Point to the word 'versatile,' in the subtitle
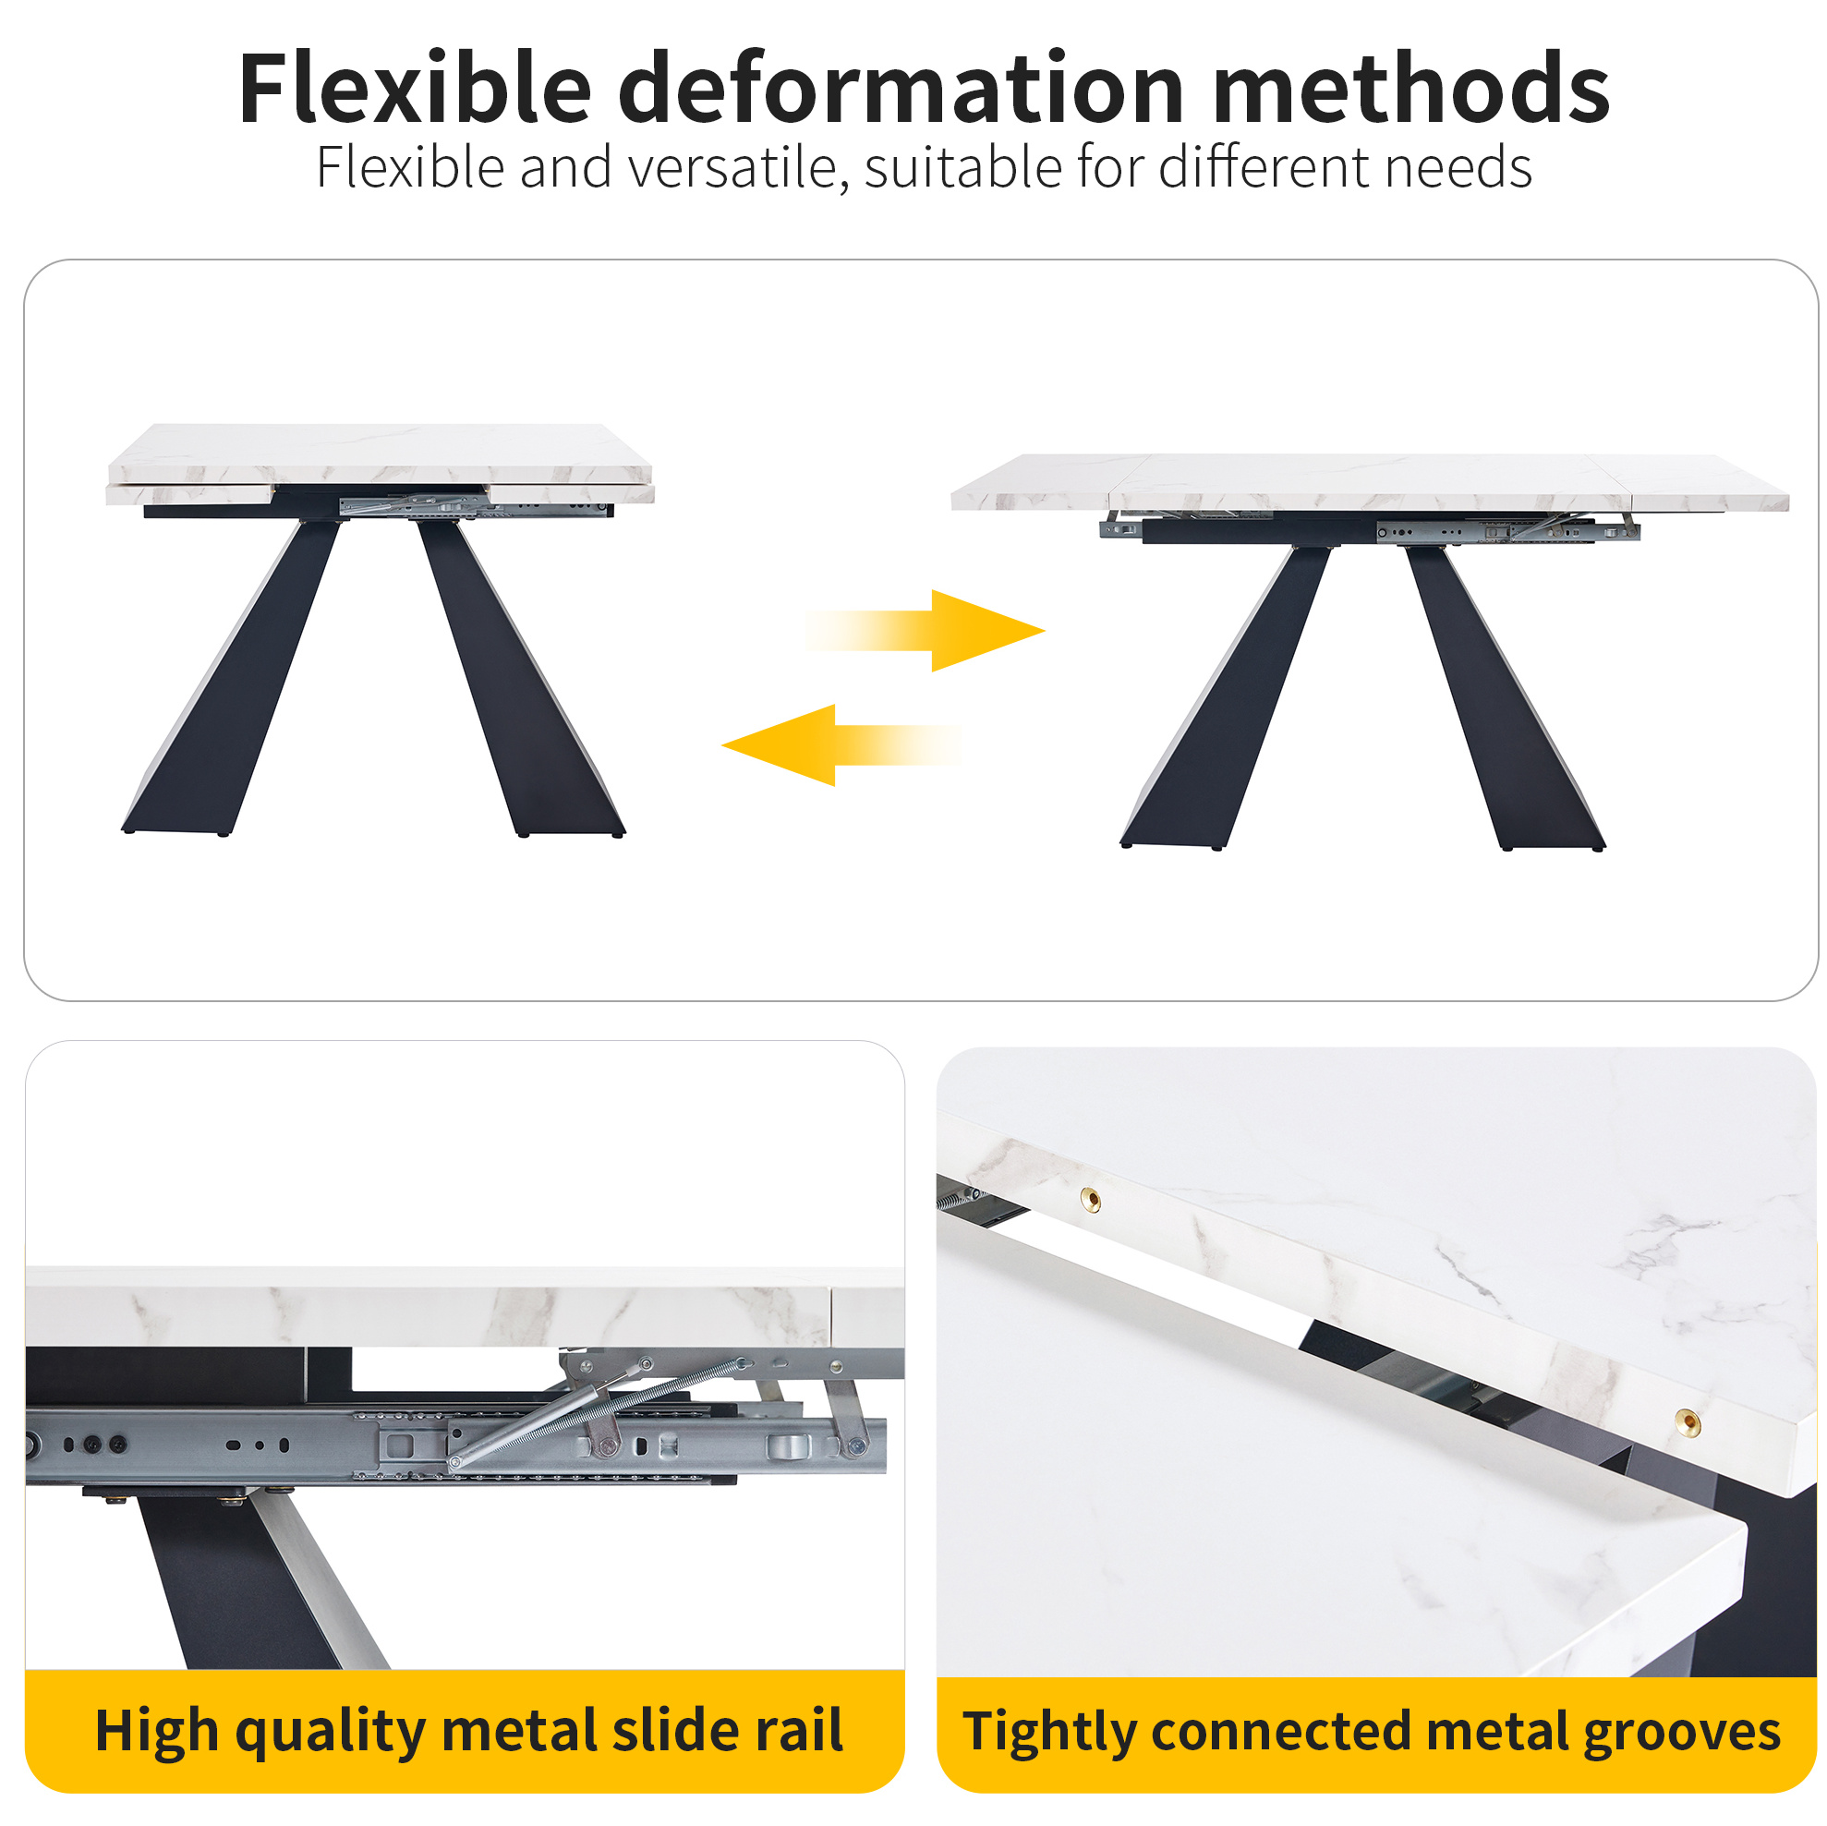732,168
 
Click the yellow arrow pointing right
926,631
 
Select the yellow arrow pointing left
841,745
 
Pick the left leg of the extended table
1225,698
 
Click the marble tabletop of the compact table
380,464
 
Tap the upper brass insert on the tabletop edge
1090,1200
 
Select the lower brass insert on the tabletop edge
1687,1421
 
